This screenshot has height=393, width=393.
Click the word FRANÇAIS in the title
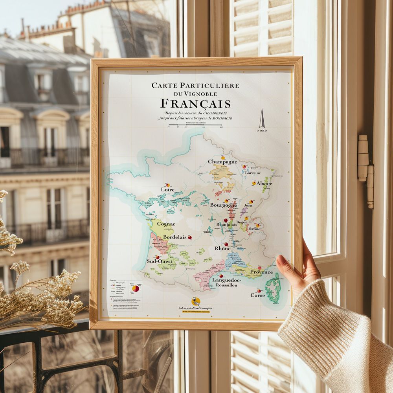(195, 104)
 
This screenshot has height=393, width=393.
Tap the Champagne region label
(222, 162)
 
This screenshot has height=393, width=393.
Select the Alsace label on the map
(264, 184)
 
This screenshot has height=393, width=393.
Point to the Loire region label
(167, 189)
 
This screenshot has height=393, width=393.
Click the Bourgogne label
(223, 205)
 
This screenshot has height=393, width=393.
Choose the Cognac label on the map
(166, 224)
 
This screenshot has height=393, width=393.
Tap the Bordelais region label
(175, 237)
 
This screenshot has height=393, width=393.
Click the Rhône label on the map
(222, 248)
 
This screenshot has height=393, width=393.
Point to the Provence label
(261, 272)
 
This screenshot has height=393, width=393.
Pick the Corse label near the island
(257, 295)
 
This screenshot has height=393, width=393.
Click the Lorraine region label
(253, 173)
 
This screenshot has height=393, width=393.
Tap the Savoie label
(254, 229)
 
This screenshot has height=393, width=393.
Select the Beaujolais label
(227, 224)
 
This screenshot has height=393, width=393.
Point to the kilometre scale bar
(195, 125)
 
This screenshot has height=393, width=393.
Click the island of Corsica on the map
(272, 289)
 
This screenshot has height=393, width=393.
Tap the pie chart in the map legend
(135, 288)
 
